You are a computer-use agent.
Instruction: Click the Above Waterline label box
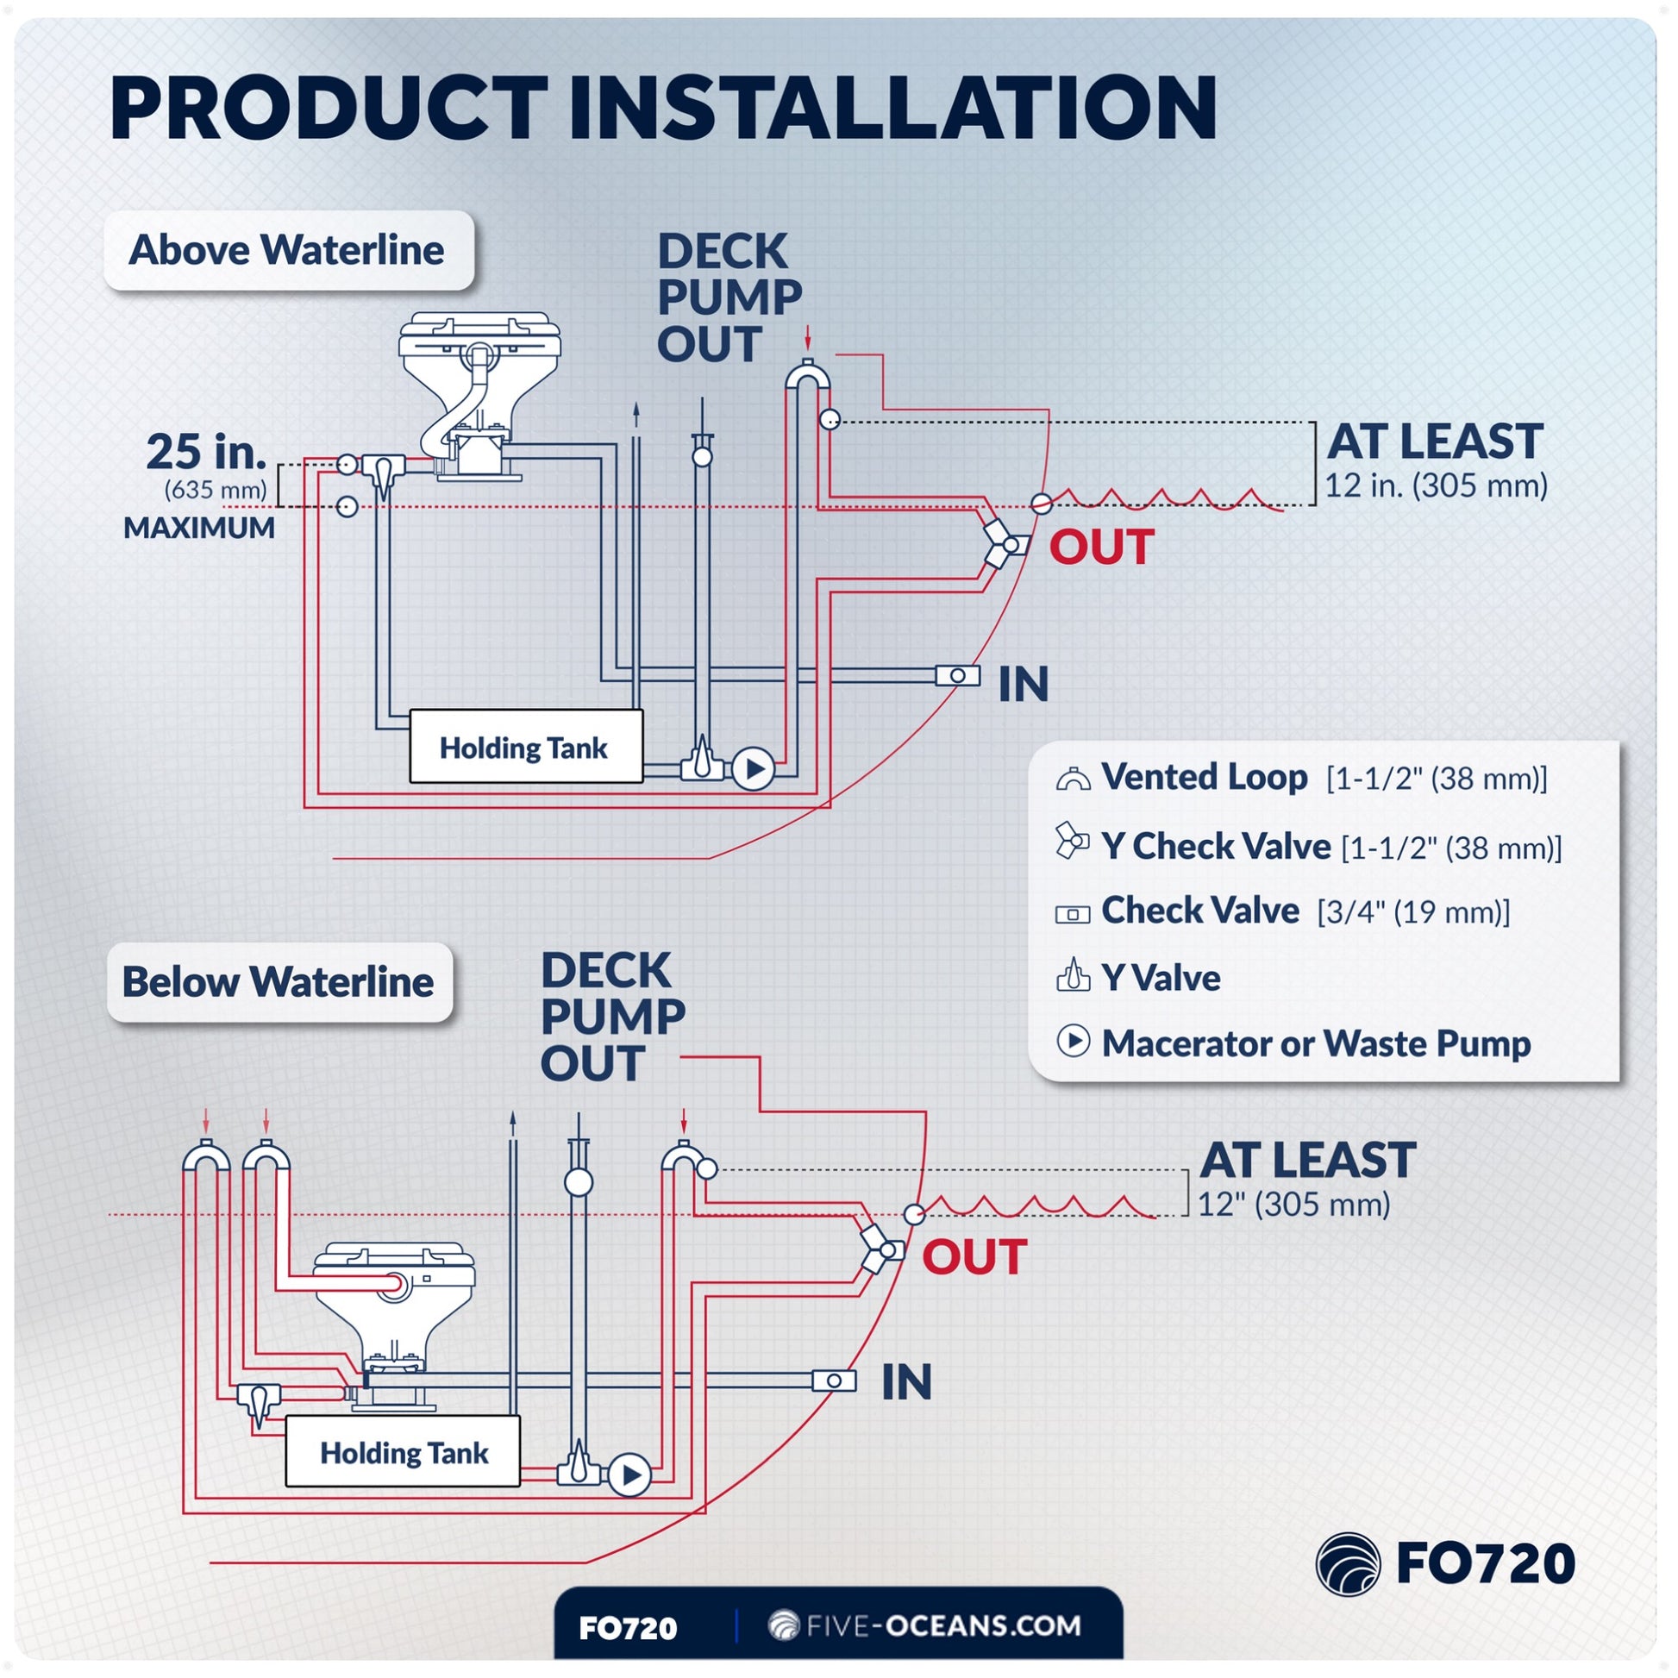289,250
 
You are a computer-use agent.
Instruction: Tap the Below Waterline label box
279,982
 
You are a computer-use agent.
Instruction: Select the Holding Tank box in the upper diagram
526,747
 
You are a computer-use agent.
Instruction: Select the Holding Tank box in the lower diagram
403,1452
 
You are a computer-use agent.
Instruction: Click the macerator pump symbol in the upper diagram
753,768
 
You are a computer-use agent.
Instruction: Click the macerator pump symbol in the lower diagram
629,1475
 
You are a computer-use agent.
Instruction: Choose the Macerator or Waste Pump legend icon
1074,1041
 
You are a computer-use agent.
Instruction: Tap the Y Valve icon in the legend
1074,974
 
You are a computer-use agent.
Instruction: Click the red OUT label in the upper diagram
1101,548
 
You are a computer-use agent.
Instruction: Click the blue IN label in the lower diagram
907,1382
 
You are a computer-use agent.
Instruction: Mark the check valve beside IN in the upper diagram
958,676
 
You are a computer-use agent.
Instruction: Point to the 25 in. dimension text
206,452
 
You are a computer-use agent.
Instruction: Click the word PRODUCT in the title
329,108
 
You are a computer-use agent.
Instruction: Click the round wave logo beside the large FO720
1348,1564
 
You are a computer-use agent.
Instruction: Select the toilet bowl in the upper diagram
479,395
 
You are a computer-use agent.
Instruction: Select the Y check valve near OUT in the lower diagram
880,1250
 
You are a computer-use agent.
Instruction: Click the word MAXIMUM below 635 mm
199,528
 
